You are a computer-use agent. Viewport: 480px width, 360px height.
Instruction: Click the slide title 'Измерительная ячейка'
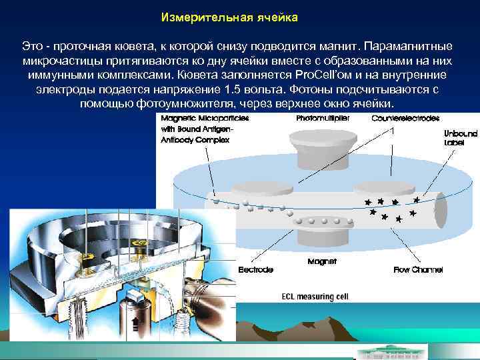click(229, 16)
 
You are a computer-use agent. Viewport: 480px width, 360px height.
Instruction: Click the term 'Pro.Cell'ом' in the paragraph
click(325, 75)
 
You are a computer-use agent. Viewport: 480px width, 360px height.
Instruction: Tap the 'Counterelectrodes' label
click(405, 119)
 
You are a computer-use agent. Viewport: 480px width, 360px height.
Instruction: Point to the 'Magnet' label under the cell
click(317, 261)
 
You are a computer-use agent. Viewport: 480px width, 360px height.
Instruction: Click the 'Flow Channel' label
click(418, 270)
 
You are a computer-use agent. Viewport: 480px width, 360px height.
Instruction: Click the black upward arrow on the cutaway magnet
click(136, 325)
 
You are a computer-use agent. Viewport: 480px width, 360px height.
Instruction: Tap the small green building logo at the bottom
click(386, 351)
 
